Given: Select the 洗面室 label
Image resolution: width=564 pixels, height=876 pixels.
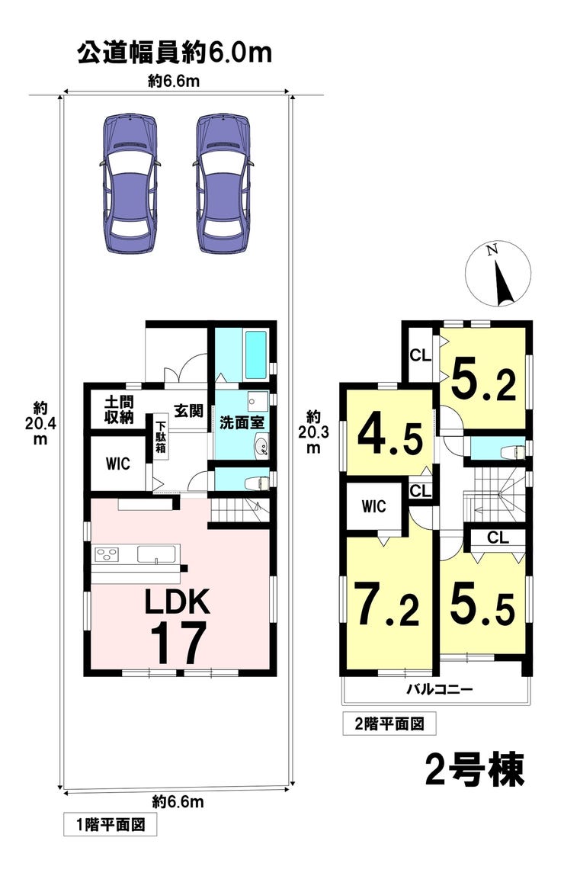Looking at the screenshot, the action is click(242, 422).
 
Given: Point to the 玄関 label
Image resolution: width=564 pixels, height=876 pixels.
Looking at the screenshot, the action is click(188, 411).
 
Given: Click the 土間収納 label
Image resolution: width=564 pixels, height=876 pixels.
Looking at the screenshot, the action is click(119, 409).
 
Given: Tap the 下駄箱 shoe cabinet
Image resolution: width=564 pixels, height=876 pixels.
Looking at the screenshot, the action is click(161, 436).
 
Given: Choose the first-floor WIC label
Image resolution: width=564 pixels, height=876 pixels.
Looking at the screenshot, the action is click(118, 464).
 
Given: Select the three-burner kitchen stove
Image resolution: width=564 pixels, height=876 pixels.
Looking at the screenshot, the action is click(107, 554).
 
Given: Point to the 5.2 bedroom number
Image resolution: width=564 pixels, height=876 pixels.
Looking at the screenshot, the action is click(483, 380).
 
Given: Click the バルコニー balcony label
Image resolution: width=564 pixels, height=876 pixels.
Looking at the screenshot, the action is click(438, 689).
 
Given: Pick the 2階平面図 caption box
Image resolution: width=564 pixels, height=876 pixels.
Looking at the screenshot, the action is click(389, 724).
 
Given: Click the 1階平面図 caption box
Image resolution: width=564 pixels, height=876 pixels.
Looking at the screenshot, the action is click(110, 824).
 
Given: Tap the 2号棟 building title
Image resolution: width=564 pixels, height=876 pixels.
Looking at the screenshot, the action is click(474, 769).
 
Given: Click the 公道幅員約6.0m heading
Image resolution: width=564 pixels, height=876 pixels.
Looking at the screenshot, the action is click(175, 53).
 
